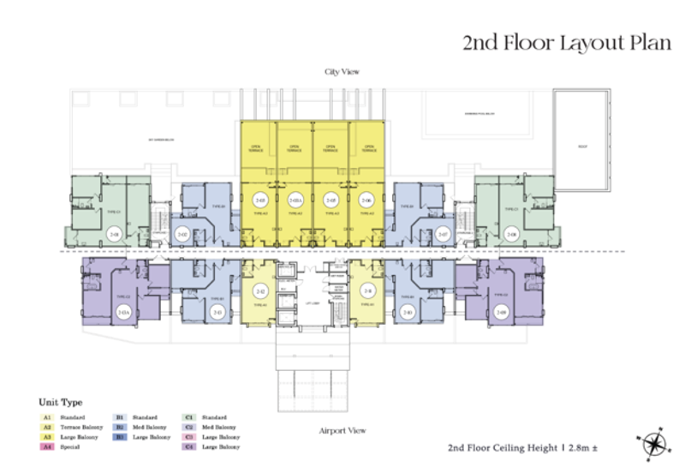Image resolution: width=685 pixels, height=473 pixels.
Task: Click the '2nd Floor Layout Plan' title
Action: click(x=567, y=43)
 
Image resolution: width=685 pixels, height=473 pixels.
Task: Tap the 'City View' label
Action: click(x=340, y=72)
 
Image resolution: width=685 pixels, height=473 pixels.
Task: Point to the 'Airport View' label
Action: click(x=342, y=430)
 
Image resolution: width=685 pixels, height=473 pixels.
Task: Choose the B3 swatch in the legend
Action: click(x=123, y=436)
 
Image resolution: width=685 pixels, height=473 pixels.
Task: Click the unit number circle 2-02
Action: click(x=182, y=234)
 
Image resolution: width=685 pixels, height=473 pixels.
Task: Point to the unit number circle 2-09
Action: click(x=502, y=313)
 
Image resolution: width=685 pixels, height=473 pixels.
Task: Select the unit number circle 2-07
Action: click(x=443, y=234)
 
